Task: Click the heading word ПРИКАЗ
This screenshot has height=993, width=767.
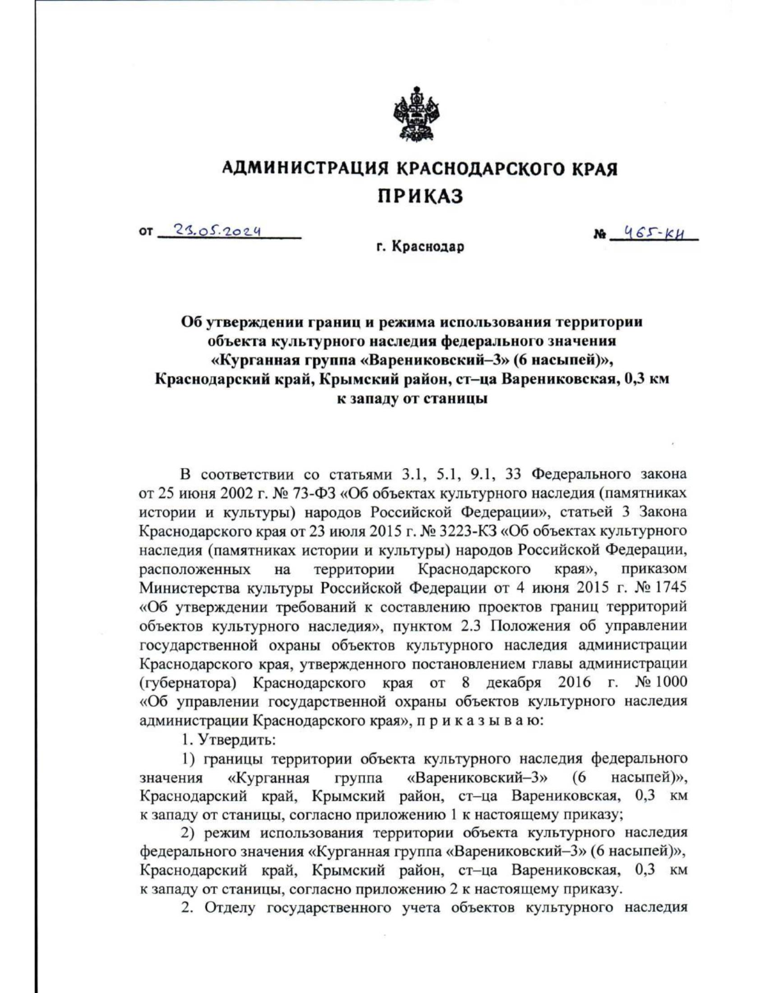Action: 419,196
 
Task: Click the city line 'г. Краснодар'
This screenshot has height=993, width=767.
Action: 420,247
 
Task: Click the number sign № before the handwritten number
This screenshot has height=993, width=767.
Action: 600,235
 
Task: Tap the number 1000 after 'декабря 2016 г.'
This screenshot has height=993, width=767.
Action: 671,682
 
